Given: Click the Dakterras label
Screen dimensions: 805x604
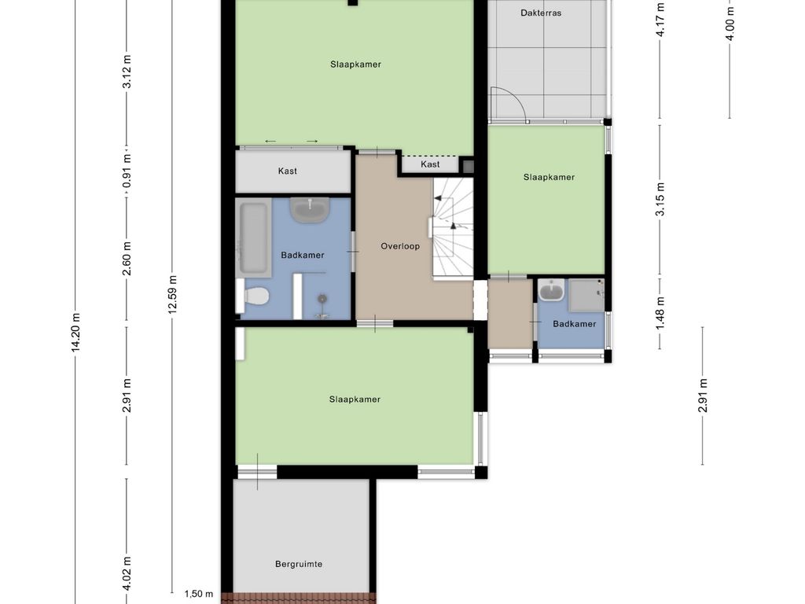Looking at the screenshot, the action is coord(541,13).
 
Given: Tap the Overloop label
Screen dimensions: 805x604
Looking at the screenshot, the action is coord(400,246).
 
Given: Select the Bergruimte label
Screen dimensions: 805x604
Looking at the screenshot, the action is coord(299,564).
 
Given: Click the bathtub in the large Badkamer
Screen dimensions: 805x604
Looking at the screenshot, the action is coord(254,238).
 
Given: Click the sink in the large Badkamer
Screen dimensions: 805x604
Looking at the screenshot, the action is coord(310,209).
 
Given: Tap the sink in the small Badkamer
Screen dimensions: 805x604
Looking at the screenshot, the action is coord(551,290).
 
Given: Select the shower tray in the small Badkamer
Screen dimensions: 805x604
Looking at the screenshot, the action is coord(586,296).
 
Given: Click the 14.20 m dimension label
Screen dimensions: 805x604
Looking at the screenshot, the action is coord(75,333).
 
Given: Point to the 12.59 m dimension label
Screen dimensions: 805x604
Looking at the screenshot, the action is coord(172,294).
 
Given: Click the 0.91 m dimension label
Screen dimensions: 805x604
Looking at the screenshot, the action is coord(127,171).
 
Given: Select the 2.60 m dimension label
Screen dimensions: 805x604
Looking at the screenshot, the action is coord(127,258).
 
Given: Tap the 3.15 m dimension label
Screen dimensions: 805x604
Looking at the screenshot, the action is coord(660,199).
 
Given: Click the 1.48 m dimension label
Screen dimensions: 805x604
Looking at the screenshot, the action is coord(660,313).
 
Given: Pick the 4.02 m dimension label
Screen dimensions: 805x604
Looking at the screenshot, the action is coord(127,573).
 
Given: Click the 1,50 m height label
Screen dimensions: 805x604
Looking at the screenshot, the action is coord(199,595).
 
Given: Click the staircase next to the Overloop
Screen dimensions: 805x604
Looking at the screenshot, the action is coord(452,228).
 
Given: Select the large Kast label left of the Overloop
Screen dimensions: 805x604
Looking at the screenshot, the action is coord(288,171).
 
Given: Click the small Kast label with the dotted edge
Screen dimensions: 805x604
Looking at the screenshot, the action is coord(430,164).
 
